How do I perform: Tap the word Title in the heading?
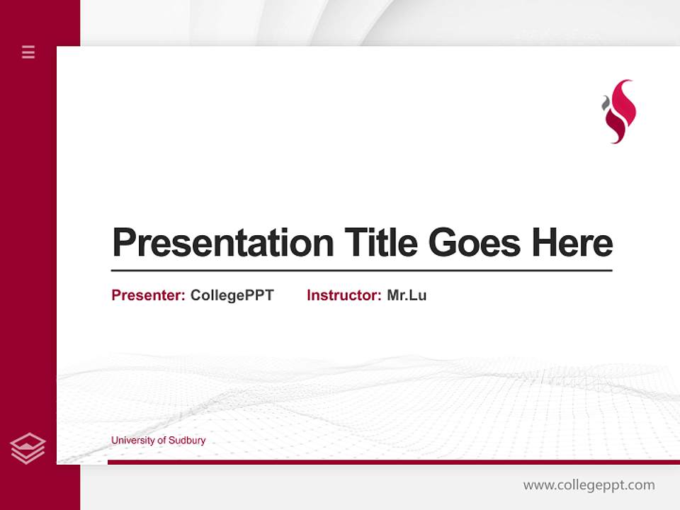[381, 243]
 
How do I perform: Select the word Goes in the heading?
[474, 243]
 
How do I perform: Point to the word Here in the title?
[572, 243]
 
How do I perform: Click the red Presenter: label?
[148, 295]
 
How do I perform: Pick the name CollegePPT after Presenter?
[232, 295]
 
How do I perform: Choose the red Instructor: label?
[344, 295]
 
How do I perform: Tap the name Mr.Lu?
[407, 295]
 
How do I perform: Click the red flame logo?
[620, 112]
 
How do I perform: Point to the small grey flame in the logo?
[606, 104]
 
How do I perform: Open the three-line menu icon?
[28, 52]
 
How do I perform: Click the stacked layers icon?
[28, 448]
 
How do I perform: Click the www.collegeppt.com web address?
[589, 485]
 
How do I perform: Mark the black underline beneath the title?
[361, 271]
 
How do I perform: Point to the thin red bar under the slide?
[393, 462]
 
